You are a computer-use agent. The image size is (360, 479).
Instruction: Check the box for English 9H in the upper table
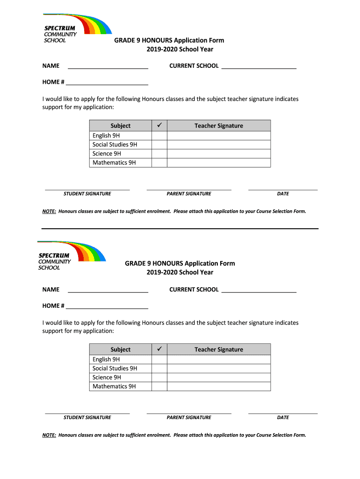(x=160, y=136)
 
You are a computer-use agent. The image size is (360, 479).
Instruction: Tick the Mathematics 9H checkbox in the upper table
(x=160, y=163)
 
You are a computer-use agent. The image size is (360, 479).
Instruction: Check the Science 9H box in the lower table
(x=160, y=377)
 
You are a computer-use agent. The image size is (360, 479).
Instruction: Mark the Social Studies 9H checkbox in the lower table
(x=160, y=369)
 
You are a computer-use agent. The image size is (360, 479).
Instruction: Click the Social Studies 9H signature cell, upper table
(x=219, y=145)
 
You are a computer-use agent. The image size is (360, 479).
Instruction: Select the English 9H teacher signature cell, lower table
(x=219, y=359)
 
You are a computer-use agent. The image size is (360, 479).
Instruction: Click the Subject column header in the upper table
(x=121, y=126)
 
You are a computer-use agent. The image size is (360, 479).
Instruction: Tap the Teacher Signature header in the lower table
(x=219, y=349)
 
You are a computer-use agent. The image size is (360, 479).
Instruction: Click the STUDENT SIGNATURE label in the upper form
(x=87, y=194)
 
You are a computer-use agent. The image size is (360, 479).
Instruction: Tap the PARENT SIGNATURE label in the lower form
(x=189, y=417)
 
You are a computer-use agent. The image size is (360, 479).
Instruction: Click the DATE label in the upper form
(x=283, y=194)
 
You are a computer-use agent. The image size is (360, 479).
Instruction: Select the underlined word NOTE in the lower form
(x=49, y=435)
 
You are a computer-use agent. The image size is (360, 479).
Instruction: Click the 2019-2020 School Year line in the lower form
(x=180, y=272)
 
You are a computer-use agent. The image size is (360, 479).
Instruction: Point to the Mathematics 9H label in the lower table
(x=114, y=386)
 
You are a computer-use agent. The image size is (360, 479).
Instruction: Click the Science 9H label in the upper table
(x=107, y=153)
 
